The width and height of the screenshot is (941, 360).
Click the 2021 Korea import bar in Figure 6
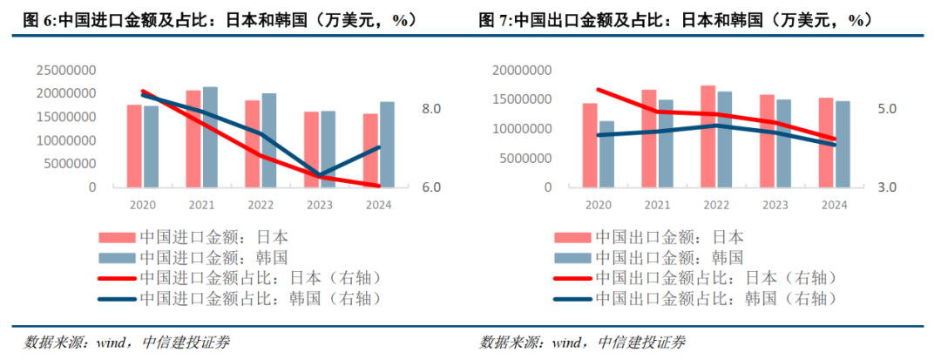click(210, 137)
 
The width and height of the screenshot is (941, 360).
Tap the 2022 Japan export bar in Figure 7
click(708, 136)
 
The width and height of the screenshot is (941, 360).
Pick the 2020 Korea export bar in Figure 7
click(606, 154)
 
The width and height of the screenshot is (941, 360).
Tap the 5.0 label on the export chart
click(885, 109)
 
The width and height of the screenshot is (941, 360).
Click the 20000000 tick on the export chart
click(523, 70)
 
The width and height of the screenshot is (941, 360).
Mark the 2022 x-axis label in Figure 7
click(716, 205)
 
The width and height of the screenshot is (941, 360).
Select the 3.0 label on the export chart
click(885, 187)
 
